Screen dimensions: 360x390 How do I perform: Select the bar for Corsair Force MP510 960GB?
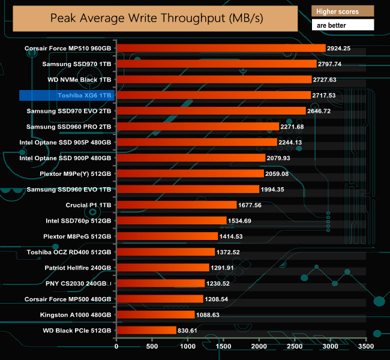tap(220, 48)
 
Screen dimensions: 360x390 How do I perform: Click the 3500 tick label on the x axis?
tap(365, 346)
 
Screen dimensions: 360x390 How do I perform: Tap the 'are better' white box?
tap(343, 25)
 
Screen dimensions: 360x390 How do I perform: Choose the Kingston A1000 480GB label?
tap(76, 314)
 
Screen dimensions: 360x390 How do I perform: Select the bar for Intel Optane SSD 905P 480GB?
tap(196, 142)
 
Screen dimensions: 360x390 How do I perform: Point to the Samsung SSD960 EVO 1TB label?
tap(69, 189)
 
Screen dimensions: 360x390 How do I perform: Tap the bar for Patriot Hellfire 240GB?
tap(162, 267)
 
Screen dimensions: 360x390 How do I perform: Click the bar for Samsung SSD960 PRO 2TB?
tap(197, 127)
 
